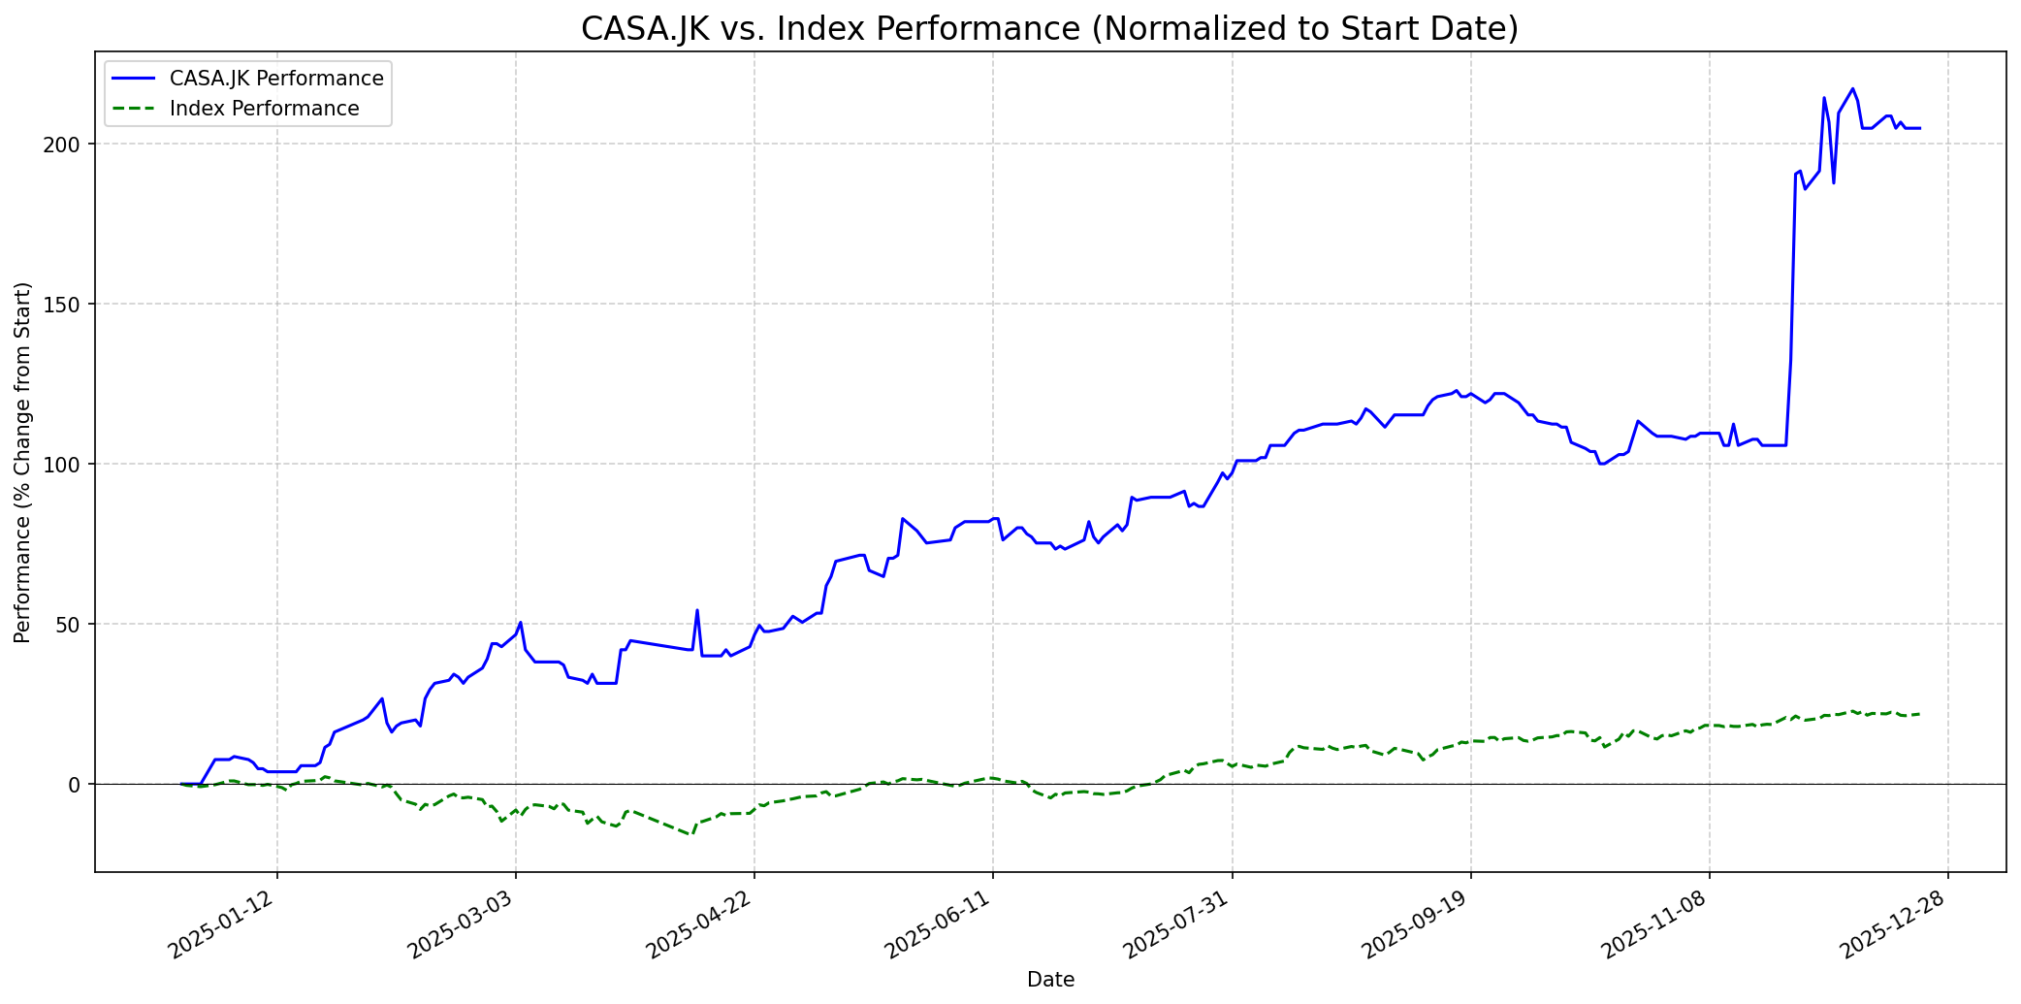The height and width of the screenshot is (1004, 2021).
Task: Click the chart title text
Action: tap(1049, 29)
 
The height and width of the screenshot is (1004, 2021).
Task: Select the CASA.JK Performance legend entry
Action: tap(275, 79)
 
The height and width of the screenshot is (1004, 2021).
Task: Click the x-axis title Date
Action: tap(1050, 980)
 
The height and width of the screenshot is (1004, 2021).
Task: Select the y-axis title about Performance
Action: tap(23, 463)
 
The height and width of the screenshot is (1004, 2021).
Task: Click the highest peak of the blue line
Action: tap(1852, 88)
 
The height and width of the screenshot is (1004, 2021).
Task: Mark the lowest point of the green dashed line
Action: tap(691, 834)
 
